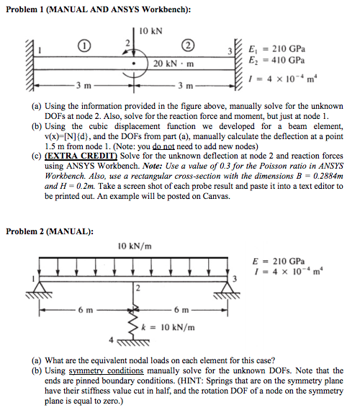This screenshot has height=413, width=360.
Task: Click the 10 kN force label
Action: point(151,32)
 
